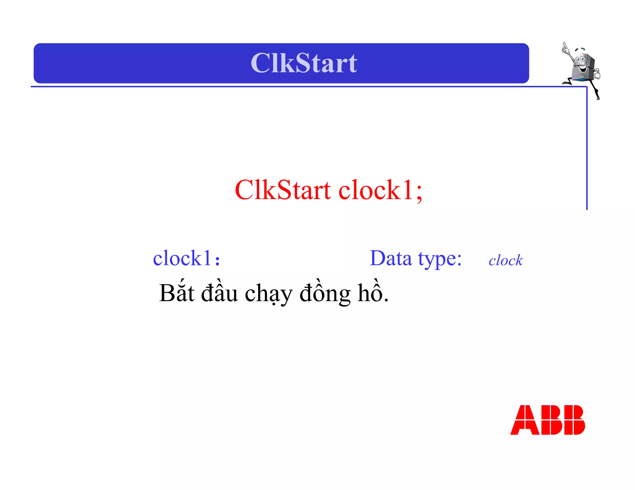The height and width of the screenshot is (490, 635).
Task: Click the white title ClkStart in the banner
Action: [304, 63]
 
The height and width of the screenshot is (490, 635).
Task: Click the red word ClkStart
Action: [282, 190]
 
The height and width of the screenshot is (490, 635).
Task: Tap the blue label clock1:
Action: [186, 258]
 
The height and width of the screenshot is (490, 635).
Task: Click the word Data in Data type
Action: [391, 258]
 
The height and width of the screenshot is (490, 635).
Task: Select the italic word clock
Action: [506, 260]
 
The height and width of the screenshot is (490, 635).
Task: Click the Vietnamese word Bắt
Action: [177, 293]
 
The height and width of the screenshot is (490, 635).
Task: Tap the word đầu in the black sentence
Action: [220, 293]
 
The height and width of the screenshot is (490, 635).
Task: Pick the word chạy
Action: [269, 294]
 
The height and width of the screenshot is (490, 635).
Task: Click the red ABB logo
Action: [548, 420]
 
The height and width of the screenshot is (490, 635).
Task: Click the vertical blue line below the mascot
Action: [587, 149]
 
